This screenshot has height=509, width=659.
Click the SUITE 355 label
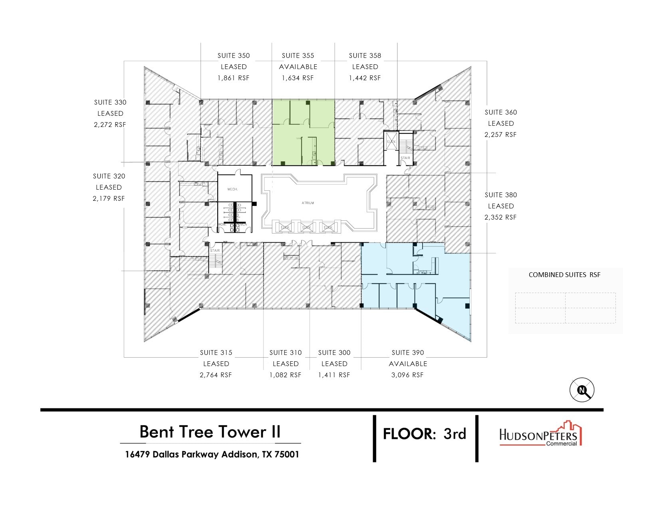click(298, 56)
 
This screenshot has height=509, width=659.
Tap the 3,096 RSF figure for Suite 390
click(407, 375)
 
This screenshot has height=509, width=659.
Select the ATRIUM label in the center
click(308, 203)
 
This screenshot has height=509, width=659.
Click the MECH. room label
click(232, 189)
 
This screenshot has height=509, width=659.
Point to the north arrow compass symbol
click(582, 390)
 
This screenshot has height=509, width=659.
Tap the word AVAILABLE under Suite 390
click(408, 364)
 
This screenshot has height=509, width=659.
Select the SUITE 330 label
click(110, 103)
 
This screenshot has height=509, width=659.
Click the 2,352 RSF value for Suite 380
click(500, 218)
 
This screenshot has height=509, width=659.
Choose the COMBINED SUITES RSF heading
click(564, 275)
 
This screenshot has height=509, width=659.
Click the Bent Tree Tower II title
click(210, 432)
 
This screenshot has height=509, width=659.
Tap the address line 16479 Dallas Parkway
click(212, 454)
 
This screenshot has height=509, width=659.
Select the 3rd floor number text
click(455, 434)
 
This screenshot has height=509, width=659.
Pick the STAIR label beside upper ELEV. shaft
click(405, 158)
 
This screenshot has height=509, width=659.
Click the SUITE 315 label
click(216, 353)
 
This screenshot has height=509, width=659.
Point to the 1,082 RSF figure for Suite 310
click(285, 375)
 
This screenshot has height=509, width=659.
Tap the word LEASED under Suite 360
click(500, 124)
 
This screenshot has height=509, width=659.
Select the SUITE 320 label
click(109, 176)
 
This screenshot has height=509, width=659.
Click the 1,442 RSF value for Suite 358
click(365, 78)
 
